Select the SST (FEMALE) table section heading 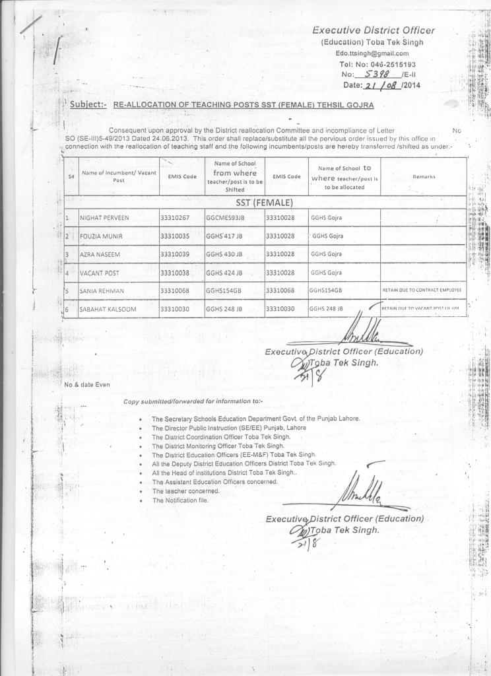pyautogui.click(x=265, y=202)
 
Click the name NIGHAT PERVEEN pyautogui.click(x=104, y=218)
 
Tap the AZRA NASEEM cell pyautogui.click(x=102, y=254)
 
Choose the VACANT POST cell pyautogui.click(x=99, y=273)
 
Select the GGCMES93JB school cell pyautogui.click(x=225, y=218)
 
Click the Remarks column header pyautogui.click(x=423, y=176)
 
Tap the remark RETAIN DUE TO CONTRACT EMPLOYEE pyautogui.click(x=422, y=290)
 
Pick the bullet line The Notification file pyautogui.click(x=180, y=500)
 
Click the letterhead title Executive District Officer pyautogui.click(x=373, y=30)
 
